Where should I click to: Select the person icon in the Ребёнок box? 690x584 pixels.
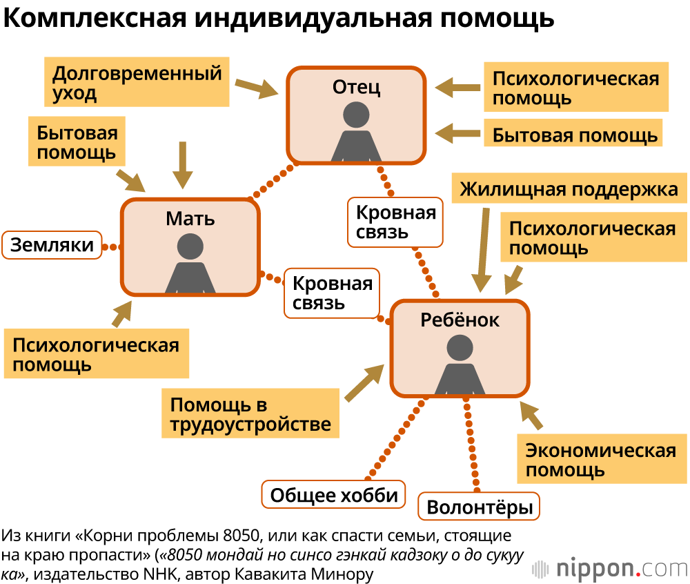[459, 366]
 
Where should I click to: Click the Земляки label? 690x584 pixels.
[52, 245]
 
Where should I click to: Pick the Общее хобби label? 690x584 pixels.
[334, 494]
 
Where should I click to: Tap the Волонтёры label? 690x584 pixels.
[480, 508]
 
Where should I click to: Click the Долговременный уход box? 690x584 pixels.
[137, 83]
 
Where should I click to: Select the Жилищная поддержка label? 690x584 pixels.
[569, 189]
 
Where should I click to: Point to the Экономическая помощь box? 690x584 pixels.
[600, 460]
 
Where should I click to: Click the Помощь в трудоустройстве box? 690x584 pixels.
[250, 414]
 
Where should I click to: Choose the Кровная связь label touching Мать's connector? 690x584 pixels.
[332, 293]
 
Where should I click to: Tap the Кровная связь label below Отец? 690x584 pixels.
[396, 222]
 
